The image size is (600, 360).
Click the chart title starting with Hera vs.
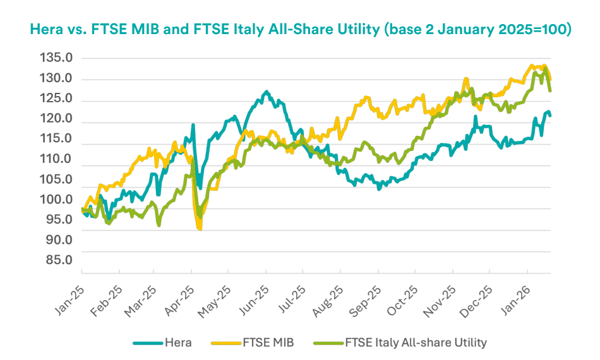point(300,30)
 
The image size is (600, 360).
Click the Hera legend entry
point(161,343)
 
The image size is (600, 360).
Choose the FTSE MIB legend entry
point(258,343)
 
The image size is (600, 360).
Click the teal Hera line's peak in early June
point(267,92)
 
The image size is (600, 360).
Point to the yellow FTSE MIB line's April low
point(200,229)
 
